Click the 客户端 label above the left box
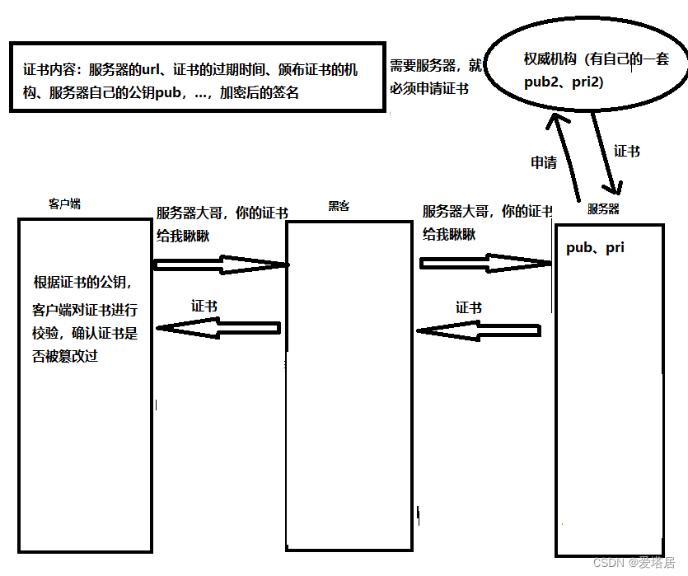point(64,204)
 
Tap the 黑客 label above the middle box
point(339,206)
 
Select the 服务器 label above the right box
point(603,209)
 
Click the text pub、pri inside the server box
point(595,247)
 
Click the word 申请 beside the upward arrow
point(543,162)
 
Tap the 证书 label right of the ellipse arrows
point(627,151)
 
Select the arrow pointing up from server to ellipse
point(563,157)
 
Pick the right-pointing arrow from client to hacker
point(221,265)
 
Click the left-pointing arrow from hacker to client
point(219,328)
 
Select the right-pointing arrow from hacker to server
point(485,263)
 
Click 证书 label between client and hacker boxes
point(204,305)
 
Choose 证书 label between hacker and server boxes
point(468,307)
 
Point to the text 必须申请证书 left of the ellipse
point(424,88)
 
